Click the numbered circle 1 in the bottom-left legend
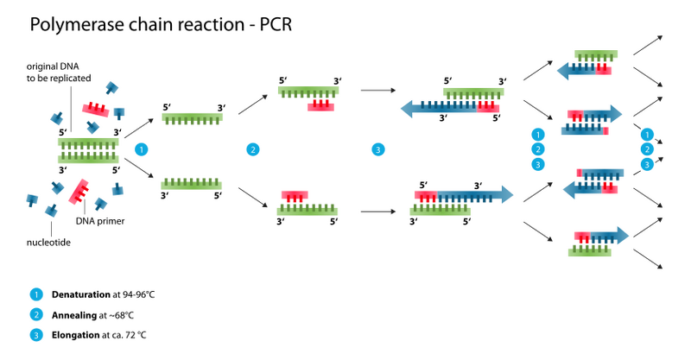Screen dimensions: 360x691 click(x=36, y=294)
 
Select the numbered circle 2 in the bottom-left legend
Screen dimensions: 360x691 click(x=36, y=314)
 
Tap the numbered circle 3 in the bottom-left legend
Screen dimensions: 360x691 click(x=36, y=334)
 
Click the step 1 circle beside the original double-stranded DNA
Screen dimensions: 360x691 click(x=142, y=149)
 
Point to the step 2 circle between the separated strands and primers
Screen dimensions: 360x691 click(x=252, y=149)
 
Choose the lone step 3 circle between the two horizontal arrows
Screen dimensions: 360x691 click(x=377, y=149)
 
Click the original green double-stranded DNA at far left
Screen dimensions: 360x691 click(x=88, y=149)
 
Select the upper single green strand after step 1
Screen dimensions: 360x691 click(x=192, y=117)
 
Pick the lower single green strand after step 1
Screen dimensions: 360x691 click(x=192, y=184)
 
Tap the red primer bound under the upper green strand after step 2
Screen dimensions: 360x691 click(x=321, y=106)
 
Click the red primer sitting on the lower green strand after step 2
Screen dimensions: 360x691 click(x=295, y=195)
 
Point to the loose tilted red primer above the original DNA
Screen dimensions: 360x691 click(x=96, y=110)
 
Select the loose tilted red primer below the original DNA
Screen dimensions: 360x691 click(x=79, y=190)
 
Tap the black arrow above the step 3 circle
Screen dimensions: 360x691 click(x=377, y=90)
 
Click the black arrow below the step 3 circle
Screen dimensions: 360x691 click(x=377, y=211)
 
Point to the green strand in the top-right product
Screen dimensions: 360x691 click(x=595, y=55)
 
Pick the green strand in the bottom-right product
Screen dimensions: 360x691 click(x=590, y=252)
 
